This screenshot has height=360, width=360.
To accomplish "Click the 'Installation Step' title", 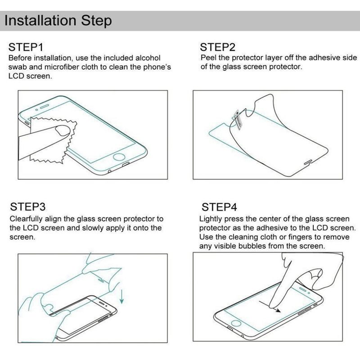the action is click(x=58, y=20).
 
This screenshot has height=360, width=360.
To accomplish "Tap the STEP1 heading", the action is click(x=26, y=47).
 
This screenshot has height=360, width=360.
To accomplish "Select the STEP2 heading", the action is click(x=218, y=47).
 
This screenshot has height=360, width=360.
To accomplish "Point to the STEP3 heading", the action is click(x=28, y=207).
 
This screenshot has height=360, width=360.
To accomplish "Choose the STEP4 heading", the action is click(x=219, y=207).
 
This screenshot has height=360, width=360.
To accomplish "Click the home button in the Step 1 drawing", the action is click(x=119, y=157).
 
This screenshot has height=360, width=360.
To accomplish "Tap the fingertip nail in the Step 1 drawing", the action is click(x=63, y=130).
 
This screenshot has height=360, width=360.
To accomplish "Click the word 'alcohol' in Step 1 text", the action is click(x=148, y=58).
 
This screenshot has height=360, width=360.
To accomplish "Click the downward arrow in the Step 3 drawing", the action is click(x=121, y=296).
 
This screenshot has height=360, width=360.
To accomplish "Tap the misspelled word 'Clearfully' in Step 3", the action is click(x=26, y=219).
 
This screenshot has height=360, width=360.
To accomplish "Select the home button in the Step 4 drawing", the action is click(x=236, y=323).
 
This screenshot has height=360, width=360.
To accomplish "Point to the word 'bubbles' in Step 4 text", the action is click(x=252, y=246).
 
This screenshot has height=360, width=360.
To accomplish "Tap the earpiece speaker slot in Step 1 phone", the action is click(x=45, y=106).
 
